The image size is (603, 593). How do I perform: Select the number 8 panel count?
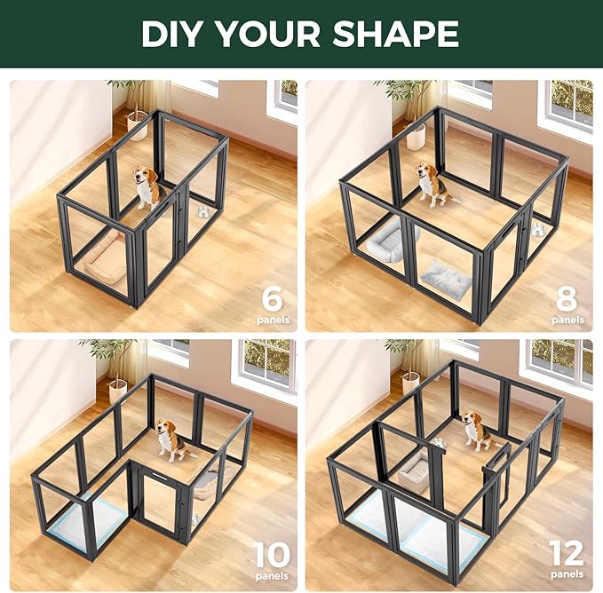567,293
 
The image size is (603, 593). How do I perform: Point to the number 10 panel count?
271,555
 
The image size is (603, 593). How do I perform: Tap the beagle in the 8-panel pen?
432,184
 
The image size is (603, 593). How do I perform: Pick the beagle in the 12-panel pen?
476,431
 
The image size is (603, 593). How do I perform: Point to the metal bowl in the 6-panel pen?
203,211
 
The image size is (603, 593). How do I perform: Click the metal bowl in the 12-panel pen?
438,441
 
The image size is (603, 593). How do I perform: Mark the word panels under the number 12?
567,576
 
